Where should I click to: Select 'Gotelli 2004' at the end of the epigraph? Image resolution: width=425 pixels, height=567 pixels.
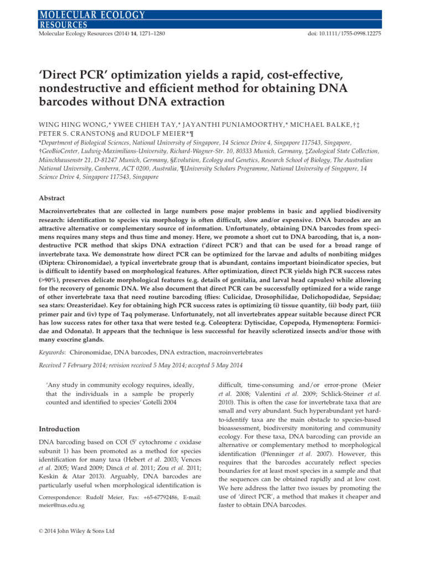[174, 402]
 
